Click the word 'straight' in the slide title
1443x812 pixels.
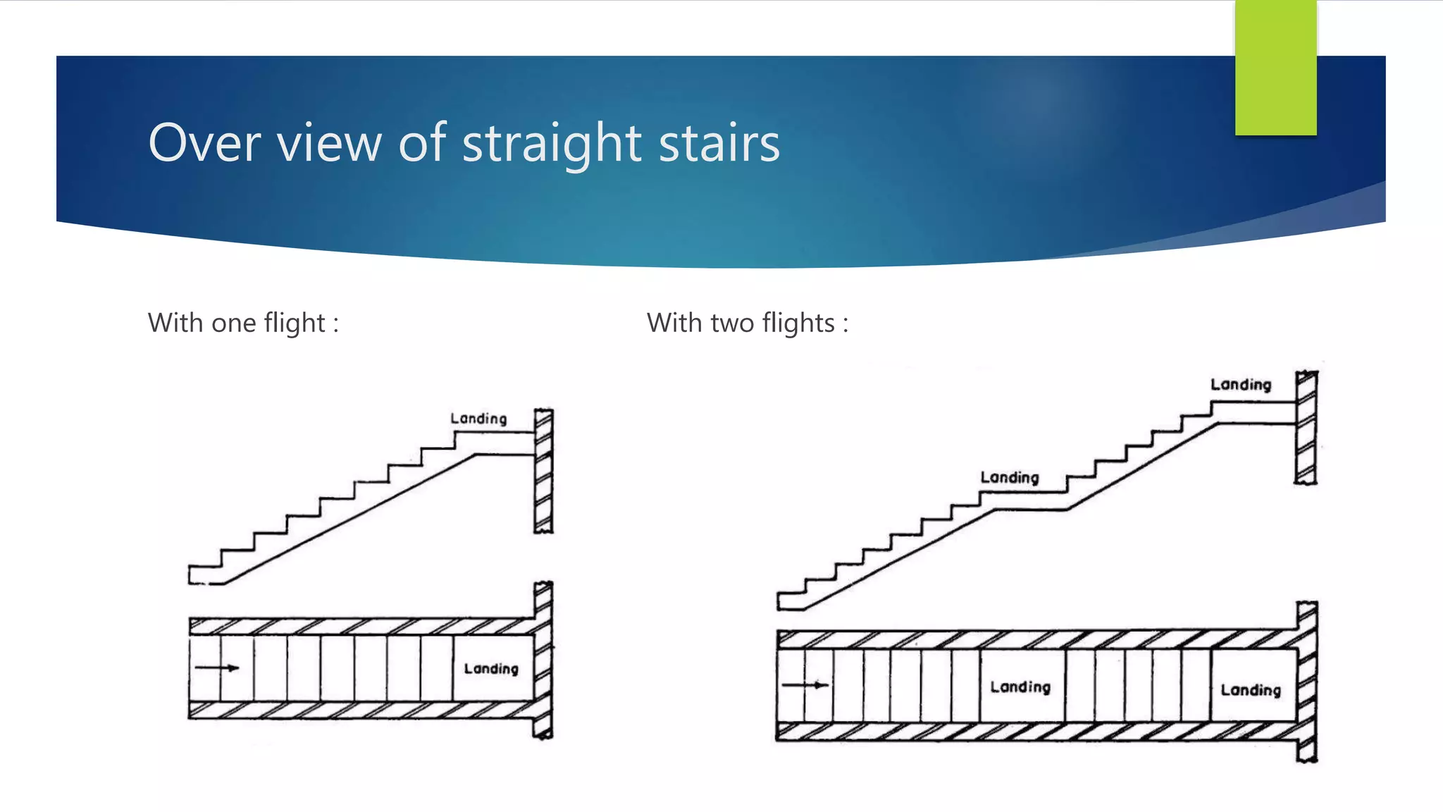tap(552, 144)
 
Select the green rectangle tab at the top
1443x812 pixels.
tap(1275, 68)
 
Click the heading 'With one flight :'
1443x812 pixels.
tap(243, 323)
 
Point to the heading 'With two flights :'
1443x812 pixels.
tap(748, 323)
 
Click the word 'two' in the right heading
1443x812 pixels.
tap(733, 323)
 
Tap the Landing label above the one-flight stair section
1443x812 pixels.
tap(478, 419)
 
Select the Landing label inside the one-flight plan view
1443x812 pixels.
tap(491, 668)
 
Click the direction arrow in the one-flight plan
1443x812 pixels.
tap(217, 668)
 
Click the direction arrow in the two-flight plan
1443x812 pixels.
tap(805, 684)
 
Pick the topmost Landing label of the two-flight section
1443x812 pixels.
tap(1241, 385)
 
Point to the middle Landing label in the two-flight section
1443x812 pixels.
tap(1010, 478)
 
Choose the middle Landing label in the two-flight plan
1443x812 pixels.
tap(1020, 687)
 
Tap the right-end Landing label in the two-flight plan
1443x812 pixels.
tap(1251, 690)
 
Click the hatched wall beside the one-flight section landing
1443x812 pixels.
tap(543, 471)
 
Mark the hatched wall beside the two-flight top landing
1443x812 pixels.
tap(1306, 427)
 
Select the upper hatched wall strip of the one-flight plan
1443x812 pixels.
tap(359, 626)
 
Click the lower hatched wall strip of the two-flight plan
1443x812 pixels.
tap(1036, 731)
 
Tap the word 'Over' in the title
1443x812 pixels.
tap(205, 144)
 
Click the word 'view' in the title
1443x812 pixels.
tap(330, 144)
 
